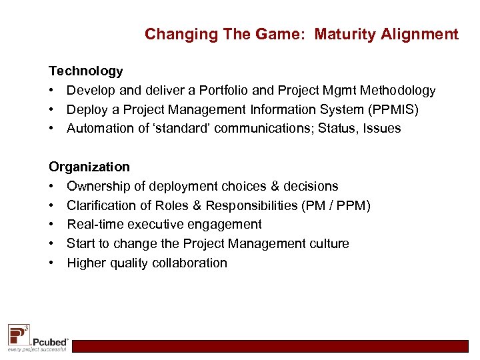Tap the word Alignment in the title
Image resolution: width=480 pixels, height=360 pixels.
[421, 34]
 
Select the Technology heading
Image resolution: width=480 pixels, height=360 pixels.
[85, 71]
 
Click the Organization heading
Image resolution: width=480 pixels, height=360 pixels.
[89, 167]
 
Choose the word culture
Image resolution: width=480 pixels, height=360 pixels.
[327, 244]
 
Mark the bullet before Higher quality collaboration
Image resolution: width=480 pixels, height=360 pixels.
[52, 263]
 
